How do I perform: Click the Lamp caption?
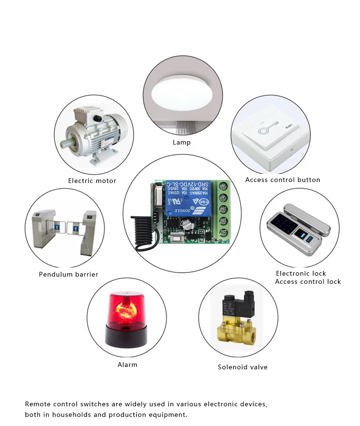click(x=181, y=142)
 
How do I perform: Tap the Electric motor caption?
click(x=92, y=181)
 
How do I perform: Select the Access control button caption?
click(x=282, y=180)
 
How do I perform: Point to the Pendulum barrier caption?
click(x=68, y=274)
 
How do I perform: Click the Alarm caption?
click(x=127, y=365)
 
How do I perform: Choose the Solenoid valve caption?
click(x=242, y=367)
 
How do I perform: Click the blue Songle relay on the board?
click(x=187, y=198)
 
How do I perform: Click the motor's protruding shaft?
click(x=64, y=144)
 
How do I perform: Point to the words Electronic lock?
click(x=301, y=273)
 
